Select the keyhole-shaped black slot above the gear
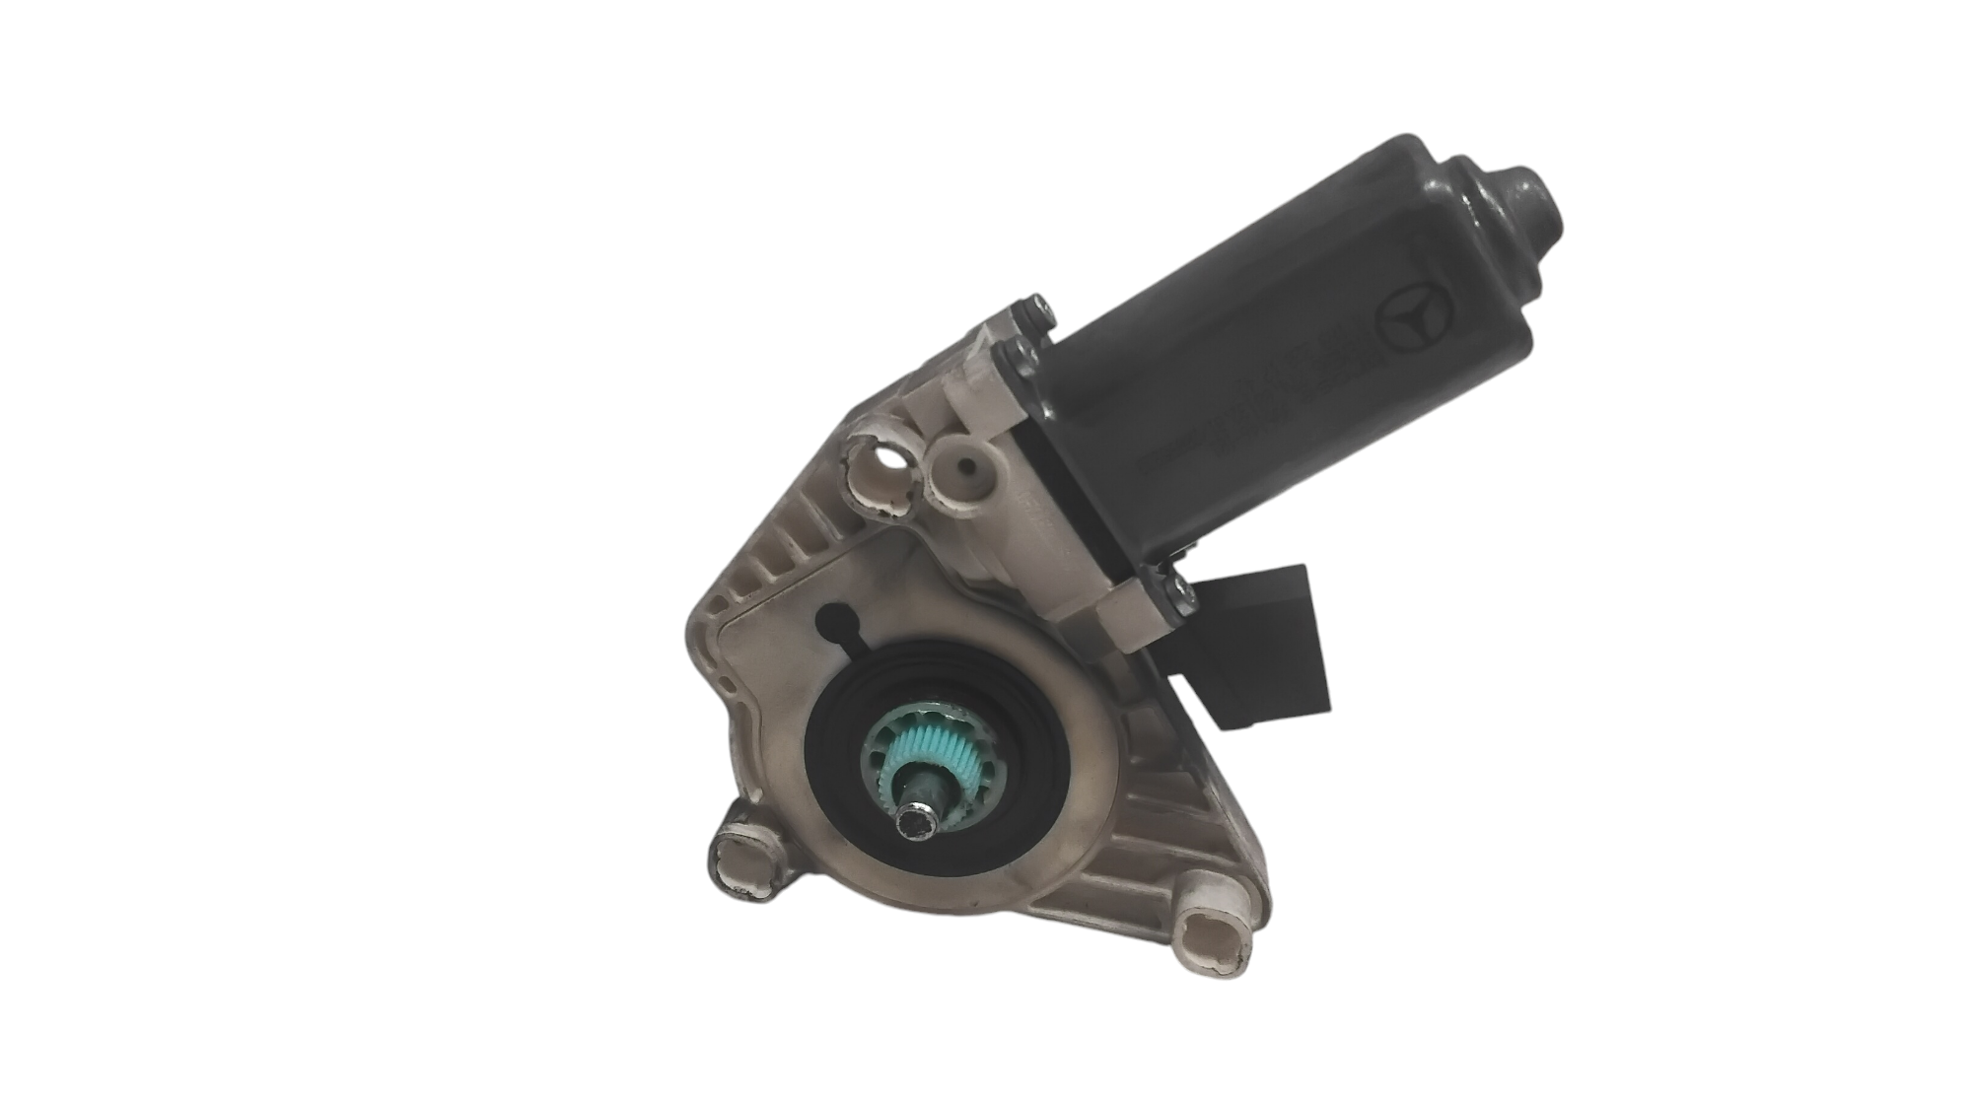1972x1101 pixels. pyautogui.click(x=837, y=625)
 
